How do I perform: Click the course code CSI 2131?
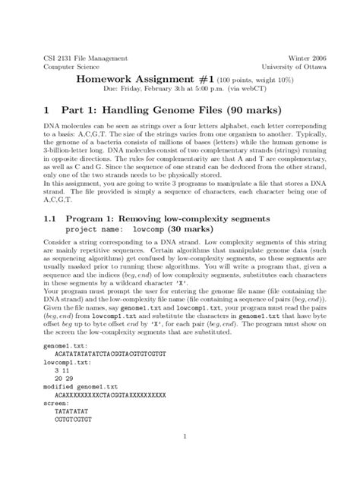(x=50, y=58)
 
